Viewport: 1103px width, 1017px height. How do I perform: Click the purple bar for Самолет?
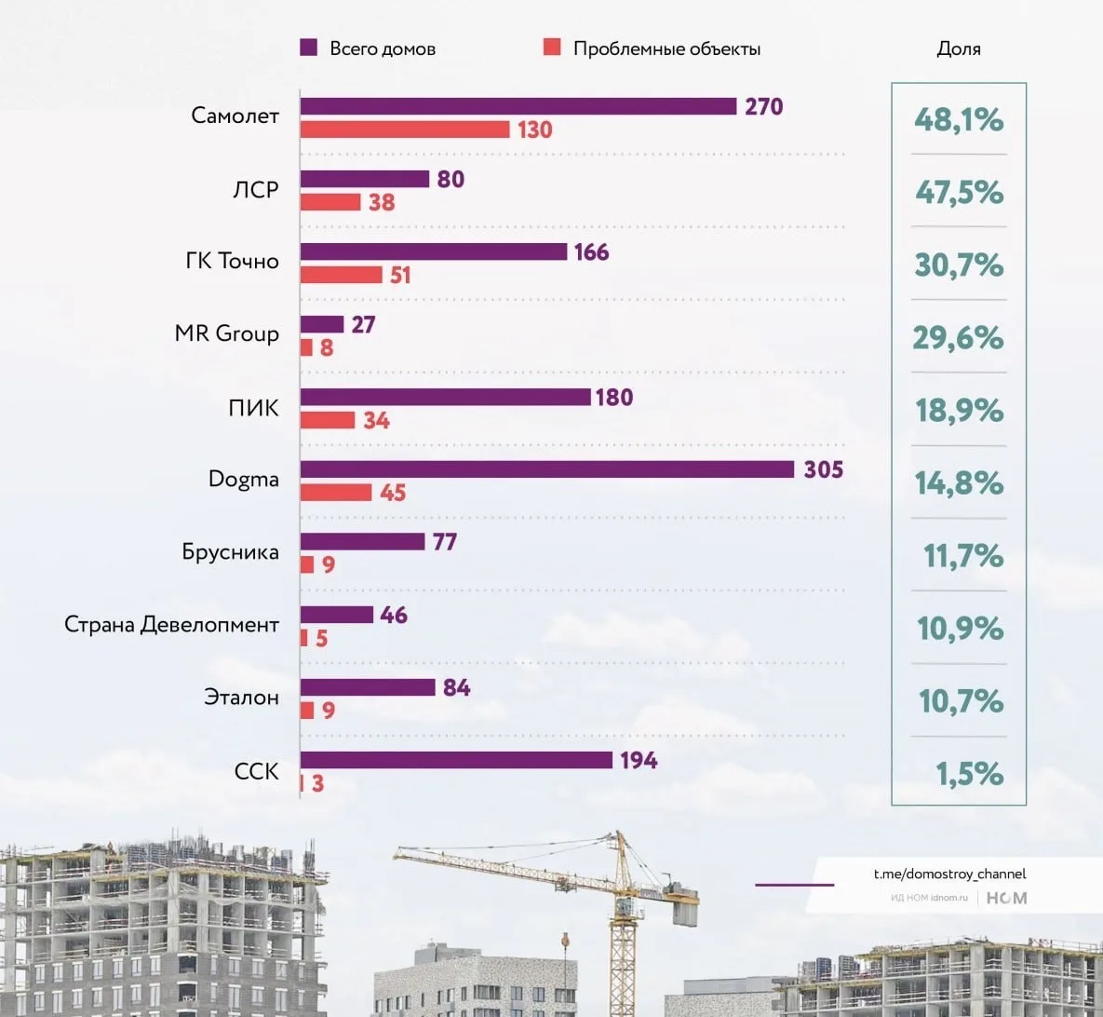click(x=518, y=106)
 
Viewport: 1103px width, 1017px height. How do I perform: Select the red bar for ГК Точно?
click(x=341, y=275)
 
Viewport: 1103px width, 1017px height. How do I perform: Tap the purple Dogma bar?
click(x=546, y=469)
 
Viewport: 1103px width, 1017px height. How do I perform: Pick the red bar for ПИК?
click(x=328, y=420)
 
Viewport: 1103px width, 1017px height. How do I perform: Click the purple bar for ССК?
click(x=456, y=760)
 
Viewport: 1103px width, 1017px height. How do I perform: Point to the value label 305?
click(x=824, y=469)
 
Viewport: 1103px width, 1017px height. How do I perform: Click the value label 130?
click(x=535, y=129)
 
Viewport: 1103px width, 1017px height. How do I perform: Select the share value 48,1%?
click(x=959, y=119)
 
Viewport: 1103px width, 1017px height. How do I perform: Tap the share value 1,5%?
click(x=969, y=773)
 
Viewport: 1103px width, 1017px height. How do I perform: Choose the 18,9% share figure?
click(x=960, y=410)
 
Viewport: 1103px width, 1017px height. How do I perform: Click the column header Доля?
click(x=959, y=49)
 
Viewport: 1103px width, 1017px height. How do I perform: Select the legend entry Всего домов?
click(x=382, y=49)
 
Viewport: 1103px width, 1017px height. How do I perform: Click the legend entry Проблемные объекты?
click(x=666, y=49)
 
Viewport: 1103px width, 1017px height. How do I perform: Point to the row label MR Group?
click(x=226, y=333)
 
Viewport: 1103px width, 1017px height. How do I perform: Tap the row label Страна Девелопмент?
click(x=171, y=624)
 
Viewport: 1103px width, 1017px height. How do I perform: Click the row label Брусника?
click(x=230, y=551)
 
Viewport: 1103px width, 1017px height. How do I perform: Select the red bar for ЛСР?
click(x=330, y=202)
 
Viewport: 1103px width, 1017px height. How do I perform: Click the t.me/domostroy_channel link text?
click(x=949, y=874)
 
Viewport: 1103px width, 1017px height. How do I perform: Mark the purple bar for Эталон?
click(x=368, y=687)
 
